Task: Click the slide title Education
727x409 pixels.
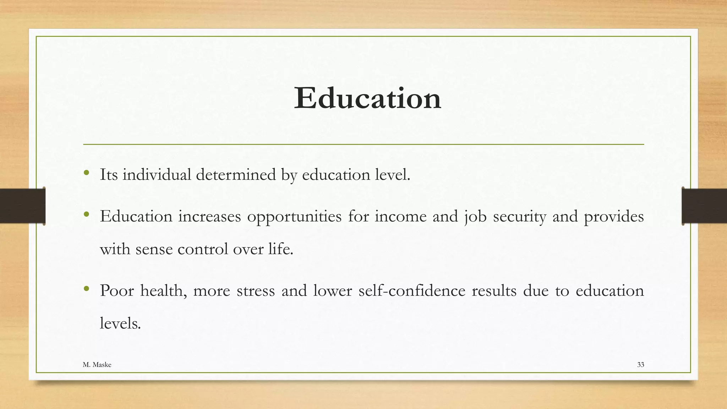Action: pos(367,98)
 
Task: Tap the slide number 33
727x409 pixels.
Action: pos(640,365)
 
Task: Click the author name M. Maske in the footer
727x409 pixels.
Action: pos(97,365)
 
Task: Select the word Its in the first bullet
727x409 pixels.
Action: pos(109,175)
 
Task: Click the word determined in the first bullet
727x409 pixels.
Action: pos(236,175)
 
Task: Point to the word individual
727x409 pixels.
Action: pos(157,175)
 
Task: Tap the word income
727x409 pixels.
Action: pos(400,217)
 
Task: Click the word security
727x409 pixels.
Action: pos(519,217)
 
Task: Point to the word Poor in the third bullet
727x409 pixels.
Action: pos(117,291)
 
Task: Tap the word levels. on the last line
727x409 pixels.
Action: pos(120,323)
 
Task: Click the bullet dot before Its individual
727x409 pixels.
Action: pos(86,173)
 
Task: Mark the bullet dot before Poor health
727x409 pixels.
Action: pos(86,289)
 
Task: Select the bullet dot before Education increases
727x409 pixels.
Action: pos(86,214)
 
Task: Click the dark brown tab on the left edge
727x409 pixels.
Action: pos(22,206)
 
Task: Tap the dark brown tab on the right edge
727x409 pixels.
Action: pos(704,206)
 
